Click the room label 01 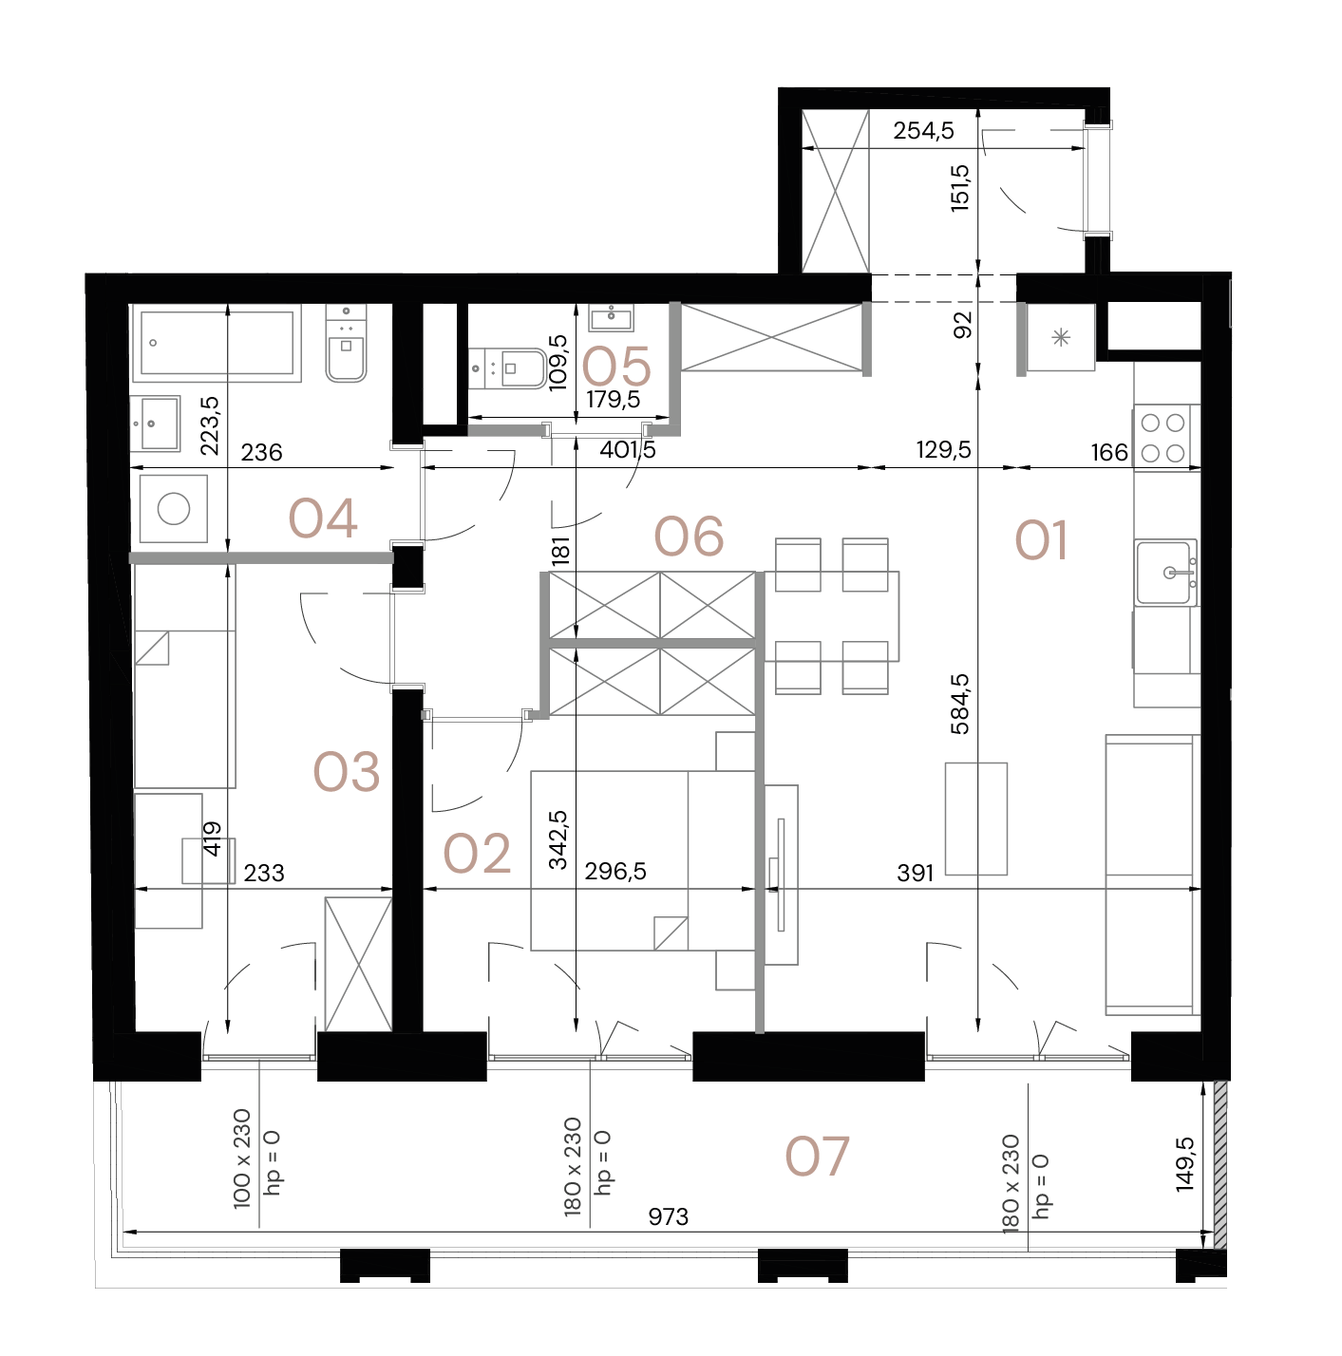click(1041, 540)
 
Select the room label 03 click(347, 772)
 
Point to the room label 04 click(323, 519)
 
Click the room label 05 click(616, 367)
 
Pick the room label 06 click(690, 537)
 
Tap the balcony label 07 click(817, 1157)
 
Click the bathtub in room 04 click(217, 343)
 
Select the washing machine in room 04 click(173, 509)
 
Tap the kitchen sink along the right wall click(1165, 572)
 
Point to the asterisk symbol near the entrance click(1061, 337)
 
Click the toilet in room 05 click(509, 368)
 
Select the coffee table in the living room click(975, 818)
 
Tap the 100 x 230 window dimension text click(241, 1158)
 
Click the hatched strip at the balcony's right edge click(1220, 1163)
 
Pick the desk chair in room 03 click(208, 860)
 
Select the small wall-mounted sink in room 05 click(611, 316)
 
